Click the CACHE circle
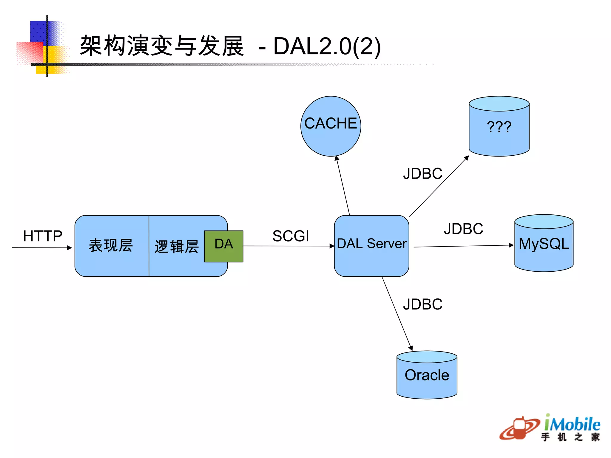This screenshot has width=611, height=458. pyautogui.click(x=331, y=126)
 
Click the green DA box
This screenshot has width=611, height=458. pyautogui.click(x=224, y=246)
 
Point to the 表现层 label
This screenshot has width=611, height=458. pyautogui.click(x=111, y=246)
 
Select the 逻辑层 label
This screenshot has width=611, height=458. pyautogui.click(x=176, y=247)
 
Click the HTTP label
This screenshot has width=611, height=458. pyautogui.click(x=43, y=236)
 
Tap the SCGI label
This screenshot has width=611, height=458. pyautogui.click(x=291, y=236)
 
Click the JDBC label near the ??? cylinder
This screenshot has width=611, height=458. pyautogui.click(x=422, y=174)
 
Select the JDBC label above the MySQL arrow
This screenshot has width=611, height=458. pyautogui.click(x=463, y=229)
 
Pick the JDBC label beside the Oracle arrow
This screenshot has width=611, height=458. pyautogui.click(x=422, y=304)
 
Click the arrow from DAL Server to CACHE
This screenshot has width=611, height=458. pyautogui.click(x=343, y=186)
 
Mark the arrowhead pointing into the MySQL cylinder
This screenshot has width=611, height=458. pyautogui.click(x=511, y=245)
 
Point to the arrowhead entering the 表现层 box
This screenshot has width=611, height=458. pyautogui.click(x=69, y=247)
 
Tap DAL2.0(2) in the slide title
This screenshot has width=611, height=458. pyautogui.click(x=327, y=47)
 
